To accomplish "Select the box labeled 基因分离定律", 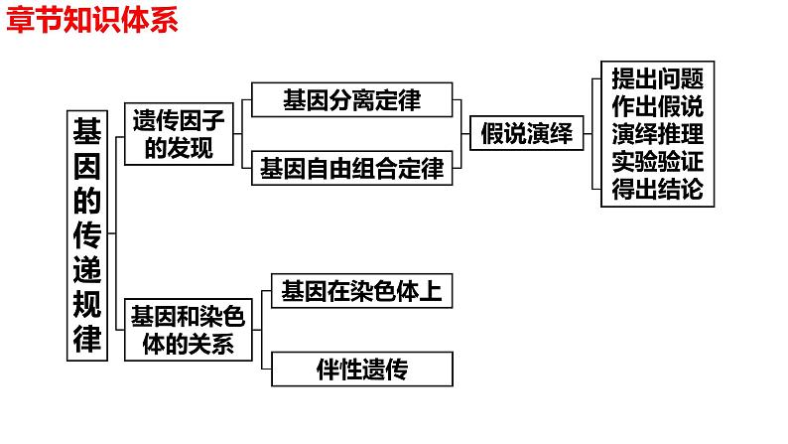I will tap(352, 100).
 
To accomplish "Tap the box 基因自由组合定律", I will tap(352, 168).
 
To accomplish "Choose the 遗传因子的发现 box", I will tap(179, 134).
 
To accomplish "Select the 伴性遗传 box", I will tap(363, 370).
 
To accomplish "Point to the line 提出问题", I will tap(658, 77).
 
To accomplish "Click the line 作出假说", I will tap(658, 105).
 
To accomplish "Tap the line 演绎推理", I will tap(658, 134).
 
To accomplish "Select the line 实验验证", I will tap(658, 162).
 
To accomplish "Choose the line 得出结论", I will tap(658, 190).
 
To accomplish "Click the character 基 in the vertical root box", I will tap(89, 130).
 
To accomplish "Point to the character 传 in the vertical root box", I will tap(89, 234).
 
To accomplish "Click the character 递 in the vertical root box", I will tap(89, 269).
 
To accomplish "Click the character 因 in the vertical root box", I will tap(89, 164).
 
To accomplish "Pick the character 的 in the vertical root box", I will tap(89, 200).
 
